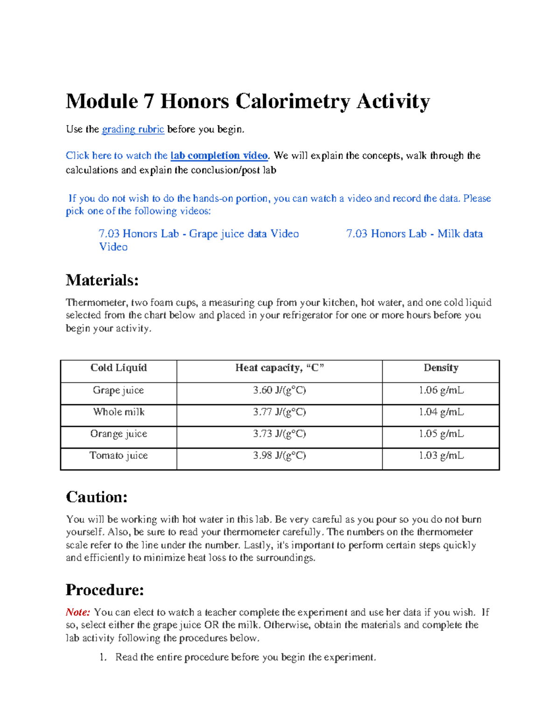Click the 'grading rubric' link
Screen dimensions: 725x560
(x=133, y=129)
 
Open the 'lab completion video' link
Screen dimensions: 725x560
(x=219, y=155)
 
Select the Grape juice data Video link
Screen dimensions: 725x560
(x=198, y=234)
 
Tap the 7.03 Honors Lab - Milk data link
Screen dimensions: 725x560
(x=414, y=234)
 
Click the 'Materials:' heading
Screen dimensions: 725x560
(x=102, y=280)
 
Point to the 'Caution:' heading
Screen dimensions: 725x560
(x=97, y=497)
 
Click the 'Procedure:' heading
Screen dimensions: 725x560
(x=105, y=590)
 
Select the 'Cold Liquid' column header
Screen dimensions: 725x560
(x=119, y=368)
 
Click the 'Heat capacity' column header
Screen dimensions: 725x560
(x=279, y=368)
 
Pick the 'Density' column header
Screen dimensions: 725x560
(x=441, y=368)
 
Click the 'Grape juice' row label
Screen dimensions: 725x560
(x=119, y=390)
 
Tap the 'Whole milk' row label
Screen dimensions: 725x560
(x=119, y=412)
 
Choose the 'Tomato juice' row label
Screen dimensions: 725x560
(x=119, y=456)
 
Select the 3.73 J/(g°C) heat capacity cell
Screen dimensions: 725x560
(x=279, y=434)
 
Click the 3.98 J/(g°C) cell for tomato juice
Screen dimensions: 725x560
(x=279, y=456)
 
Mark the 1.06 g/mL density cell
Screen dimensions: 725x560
(x=441, y=390)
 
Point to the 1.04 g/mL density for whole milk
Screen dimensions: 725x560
(x=441, y=412)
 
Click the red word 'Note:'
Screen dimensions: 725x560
(x=77, y=612)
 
